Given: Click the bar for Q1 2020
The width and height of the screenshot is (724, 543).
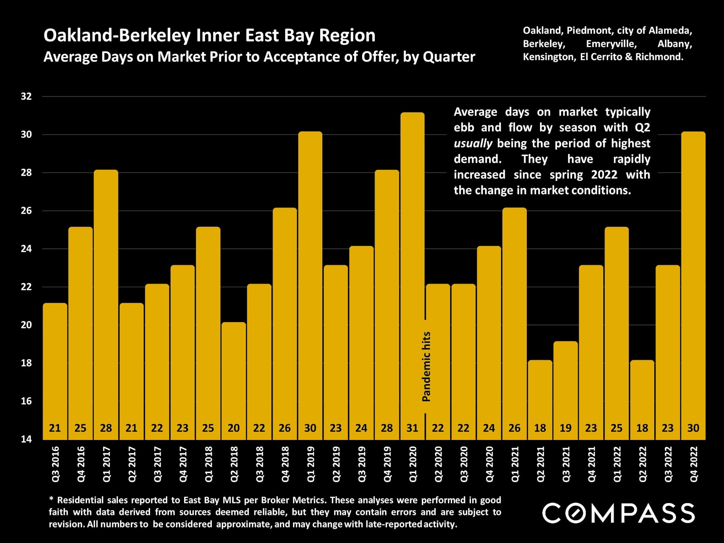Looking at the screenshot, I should click(x=412, y=264).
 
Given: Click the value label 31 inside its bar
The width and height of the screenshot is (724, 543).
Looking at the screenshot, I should click(x=412, y=428).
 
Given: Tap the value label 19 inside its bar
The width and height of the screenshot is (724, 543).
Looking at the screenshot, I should click(x=566, y=428).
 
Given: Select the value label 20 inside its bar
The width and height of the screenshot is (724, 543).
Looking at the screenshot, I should click(x=233, y=428).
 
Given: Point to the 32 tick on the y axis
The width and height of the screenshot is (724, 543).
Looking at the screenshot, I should click(x=26, y=97).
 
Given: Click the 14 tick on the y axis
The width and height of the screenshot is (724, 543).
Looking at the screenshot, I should click(x=26, y=439).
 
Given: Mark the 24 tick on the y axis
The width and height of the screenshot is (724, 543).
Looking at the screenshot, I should click(x=26, y=249).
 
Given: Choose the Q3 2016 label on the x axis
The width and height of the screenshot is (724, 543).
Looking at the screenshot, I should click(x=55, y=464).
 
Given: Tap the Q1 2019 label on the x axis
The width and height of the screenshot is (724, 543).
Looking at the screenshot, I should click(x=311, y=464).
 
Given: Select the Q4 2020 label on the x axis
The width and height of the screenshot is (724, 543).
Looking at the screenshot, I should click(x=489, y=464).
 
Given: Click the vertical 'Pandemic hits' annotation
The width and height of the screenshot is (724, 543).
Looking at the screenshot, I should click(x=426, y=367).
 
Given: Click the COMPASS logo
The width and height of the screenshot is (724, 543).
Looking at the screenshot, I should click(x=618, y=513).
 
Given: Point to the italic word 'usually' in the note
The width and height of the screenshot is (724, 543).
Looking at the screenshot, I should click(x=473, y=144).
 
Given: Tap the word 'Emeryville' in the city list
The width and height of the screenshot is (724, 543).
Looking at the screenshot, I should click(x=611, y=44).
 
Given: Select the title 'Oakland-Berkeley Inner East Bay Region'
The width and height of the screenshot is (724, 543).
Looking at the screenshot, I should click(x=209, y=35).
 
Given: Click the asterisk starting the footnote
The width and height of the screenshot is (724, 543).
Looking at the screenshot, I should click(x=51, y=500).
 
